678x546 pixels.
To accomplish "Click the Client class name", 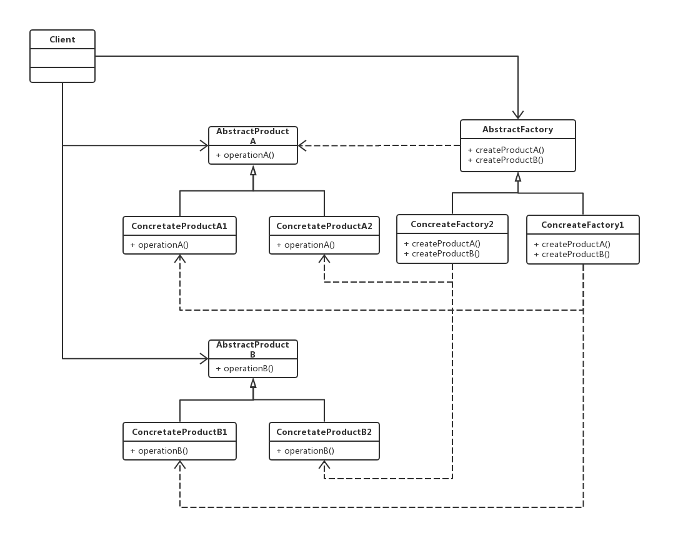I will (62, 39).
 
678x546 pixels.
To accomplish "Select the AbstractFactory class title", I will (517, 129).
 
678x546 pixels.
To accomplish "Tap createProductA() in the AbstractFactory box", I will (506, 150).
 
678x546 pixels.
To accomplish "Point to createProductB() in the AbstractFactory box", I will (506, 160).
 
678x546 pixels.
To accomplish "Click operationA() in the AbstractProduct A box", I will (245, 155).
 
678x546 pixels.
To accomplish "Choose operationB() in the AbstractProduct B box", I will (245, 368).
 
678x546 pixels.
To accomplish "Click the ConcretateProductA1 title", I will (179, 226).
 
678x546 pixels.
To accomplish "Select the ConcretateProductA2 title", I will (324, 226).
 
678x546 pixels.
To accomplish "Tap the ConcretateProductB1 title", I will (179, 432).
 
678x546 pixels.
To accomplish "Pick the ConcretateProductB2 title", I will (324, 432).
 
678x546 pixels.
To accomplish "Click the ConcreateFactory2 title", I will (452, 224).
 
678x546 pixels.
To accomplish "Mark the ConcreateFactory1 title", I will (582, 225).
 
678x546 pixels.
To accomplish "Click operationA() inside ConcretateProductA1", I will (159, 245).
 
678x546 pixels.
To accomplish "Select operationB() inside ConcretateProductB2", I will (305, 451).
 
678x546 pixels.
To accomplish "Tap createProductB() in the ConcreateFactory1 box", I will (572, 254).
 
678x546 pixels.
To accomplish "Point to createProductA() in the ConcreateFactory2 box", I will (442, 243).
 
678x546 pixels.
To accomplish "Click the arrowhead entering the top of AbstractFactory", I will (518, 115).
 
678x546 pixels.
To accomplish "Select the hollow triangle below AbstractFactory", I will (518, 177).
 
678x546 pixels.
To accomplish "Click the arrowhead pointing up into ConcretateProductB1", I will (180, 466).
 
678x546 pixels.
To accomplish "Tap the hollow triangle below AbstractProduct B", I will (253, 383).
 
